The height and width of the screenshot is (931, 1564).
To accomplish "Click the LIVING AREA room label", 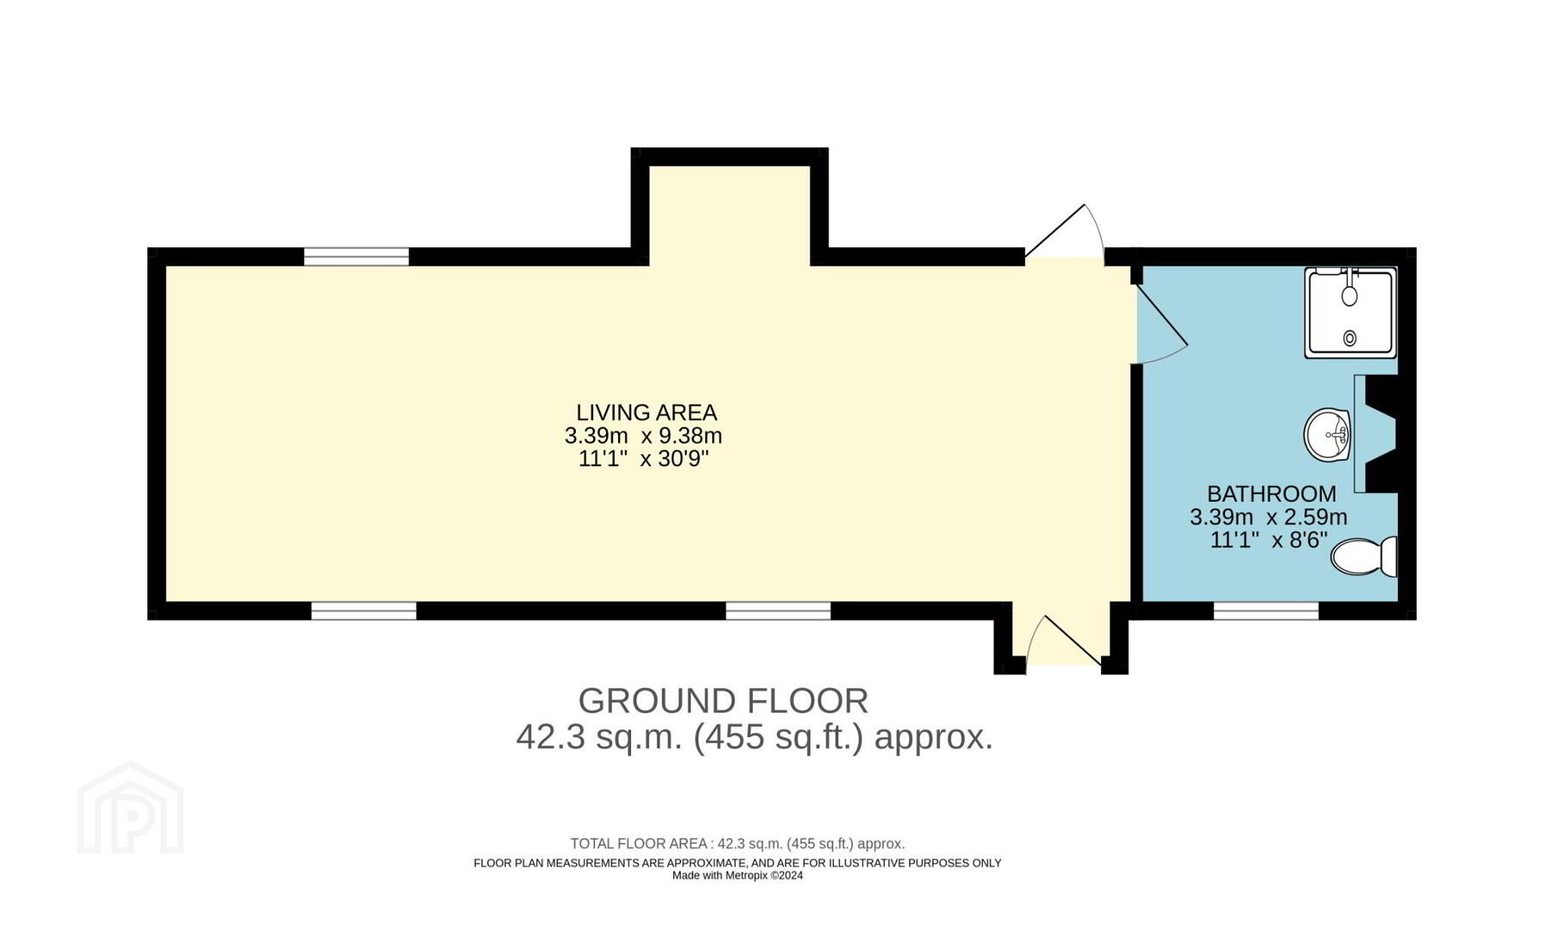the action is click(647, 413).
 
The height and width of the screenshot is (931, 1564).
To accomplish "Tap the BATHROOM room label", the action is click(1272, 494).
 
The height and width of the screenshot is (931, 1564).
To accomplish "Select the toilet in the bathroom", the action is click(1364, 556).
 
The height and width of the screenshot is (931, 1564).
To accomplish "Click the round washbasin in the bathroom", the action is click(1327, 435).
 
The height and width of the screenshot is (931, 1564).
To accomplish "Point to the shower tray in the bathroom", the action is click(1350, 312).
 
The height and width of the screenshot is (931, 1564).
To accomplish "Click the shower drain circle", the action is click(1350, 339).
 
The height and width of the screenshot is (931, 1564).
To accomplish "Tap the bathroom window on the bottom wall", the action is click(1266, 611).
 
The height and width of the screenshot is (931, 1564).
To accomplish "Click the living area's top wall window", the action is click(356, 256).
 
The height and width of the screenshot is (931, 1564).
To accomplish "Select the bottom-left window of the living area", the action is click(364, 611).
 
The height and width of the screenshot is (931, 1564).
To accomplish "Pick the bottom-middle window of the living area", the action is click(778, 611).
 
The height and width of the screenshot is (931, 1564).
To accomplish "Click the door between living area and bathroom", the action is click(1160, 323).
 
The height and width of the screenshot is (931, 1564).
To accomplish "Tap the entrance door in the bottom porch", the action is click(1064, 642).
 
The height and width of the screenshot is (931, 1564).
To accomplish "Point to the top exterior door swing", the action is click(1065, 231).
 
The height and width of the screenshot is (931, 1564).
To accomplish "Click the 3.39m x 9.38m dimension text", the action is click(643, 436).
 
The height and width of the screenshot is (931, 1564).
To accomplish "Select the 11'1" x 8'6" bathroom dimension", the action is click(1268, 540).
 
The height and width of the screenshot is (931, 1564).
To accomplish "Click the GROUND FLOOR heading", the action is click(723, 702).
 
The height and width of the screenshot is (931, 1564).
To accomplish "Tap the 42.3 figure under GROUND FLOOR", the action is click(549, 738).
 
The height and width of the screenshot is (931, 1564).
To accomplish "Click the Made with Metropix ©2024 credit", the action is click(737, 876).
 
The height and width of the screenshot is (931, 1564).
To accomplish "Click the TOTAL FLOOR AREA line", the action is click(737, 844).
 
